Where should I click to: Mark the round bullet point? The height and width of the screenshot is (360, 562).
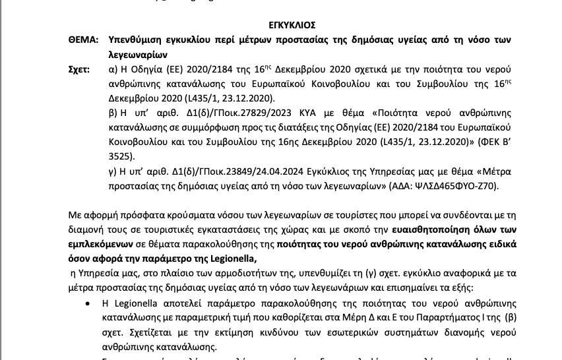coord(88,303)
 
